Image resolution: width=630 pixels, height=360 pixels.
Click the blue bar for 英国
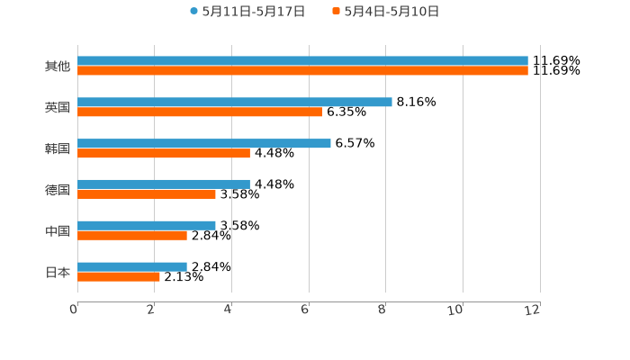(x=234, y=102)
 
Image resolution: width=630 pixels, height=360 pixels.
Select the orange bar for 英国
(x=199, y=112)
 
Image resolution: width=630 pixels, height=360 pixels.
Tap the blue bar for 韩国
(x=203, y=143)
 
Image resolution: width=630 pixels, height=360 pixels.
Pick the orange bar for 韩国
(x=163, y=153)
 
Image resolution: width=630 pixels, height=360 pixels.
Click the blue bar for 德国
(x=163, y=184)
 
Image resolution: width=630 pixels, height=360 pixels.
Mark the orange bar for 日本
(x=118, y=276)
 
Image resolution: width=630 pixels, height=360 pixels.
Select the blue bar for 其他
(x=302, y=61)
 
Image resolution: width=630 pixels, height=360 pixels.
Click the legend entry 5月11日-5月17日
(x=253, y=12)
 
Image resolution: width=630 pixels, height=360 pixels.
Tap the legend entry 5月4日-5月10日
(x=391, y=12)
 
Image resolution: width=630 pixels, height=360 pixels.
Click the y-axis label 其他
(x=57, y=67)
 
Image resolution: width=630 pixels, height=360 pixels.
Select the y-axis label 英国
(x=57, y=107)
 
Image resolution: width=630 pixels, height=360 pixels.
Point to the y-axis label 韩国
(x=57, y=148)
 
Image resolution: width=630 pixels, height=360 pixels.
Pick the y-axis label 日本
(x=57, y=272)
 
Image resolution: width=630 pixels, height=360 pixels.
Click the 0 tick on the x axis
(x=74, y=310)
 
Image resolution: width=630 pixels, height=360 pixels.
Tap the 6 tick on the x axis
(x=305, y=310)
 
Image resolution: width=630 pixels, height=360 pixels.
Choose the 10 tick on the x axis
(x=456, y=310)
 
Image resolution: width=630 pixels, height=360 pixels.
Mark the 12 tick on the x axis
(x=533, y=310)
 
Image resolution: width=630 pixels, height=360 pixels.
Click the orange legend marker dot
(x=336, y=12)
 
